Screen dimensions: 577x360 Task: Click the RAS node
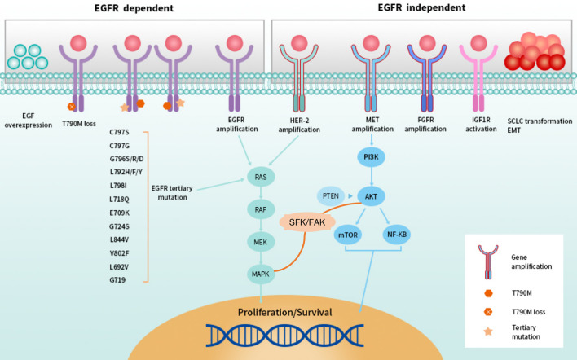(x=261, y=177)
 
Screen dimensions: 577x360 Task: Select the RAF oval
(x=261, y=209)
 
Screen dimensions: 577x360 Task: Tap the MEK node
(x=261, y=242)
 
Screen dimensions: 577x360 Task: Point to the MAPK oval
(x=261, y=274)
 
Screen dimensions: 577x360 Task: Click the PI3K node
(x=371, y=157)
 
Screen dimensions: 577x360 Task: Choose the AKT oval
(x=371, y=196)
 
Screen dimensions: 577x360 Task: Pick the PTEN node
(x=331, y=196)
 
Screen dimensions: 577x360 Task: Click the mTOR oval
(x=348, y=235)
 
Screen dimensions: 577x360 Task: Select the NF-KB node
(x=397, y=235)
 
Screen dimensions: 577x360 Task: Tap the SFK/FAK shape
(x=307, y=222)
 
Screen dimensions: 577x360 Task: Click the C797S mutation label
(x=119, y=132)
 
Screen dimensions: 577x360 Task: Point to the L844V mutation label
(x=119, y=239)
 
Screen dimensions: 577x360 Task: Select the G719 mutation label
(x=117, y=280)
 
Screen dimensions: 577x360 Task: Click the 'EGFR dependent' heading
(x=134, y=8)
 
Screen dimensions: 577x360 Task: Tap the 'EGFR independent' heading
(x=421, y=7)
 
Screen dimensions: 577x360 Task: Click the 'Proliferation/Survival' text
(x=284, y=312)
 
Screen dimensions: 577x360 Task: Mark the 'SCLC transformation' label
(x=540, y=121)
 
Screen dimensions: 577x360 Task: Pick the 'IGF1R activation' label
(x=481, y=125)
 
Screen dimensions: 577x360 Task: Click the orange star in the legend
(x=488, y=331)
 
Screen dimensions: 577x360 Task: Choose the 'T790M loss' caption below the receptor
(x=79, y=124)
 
